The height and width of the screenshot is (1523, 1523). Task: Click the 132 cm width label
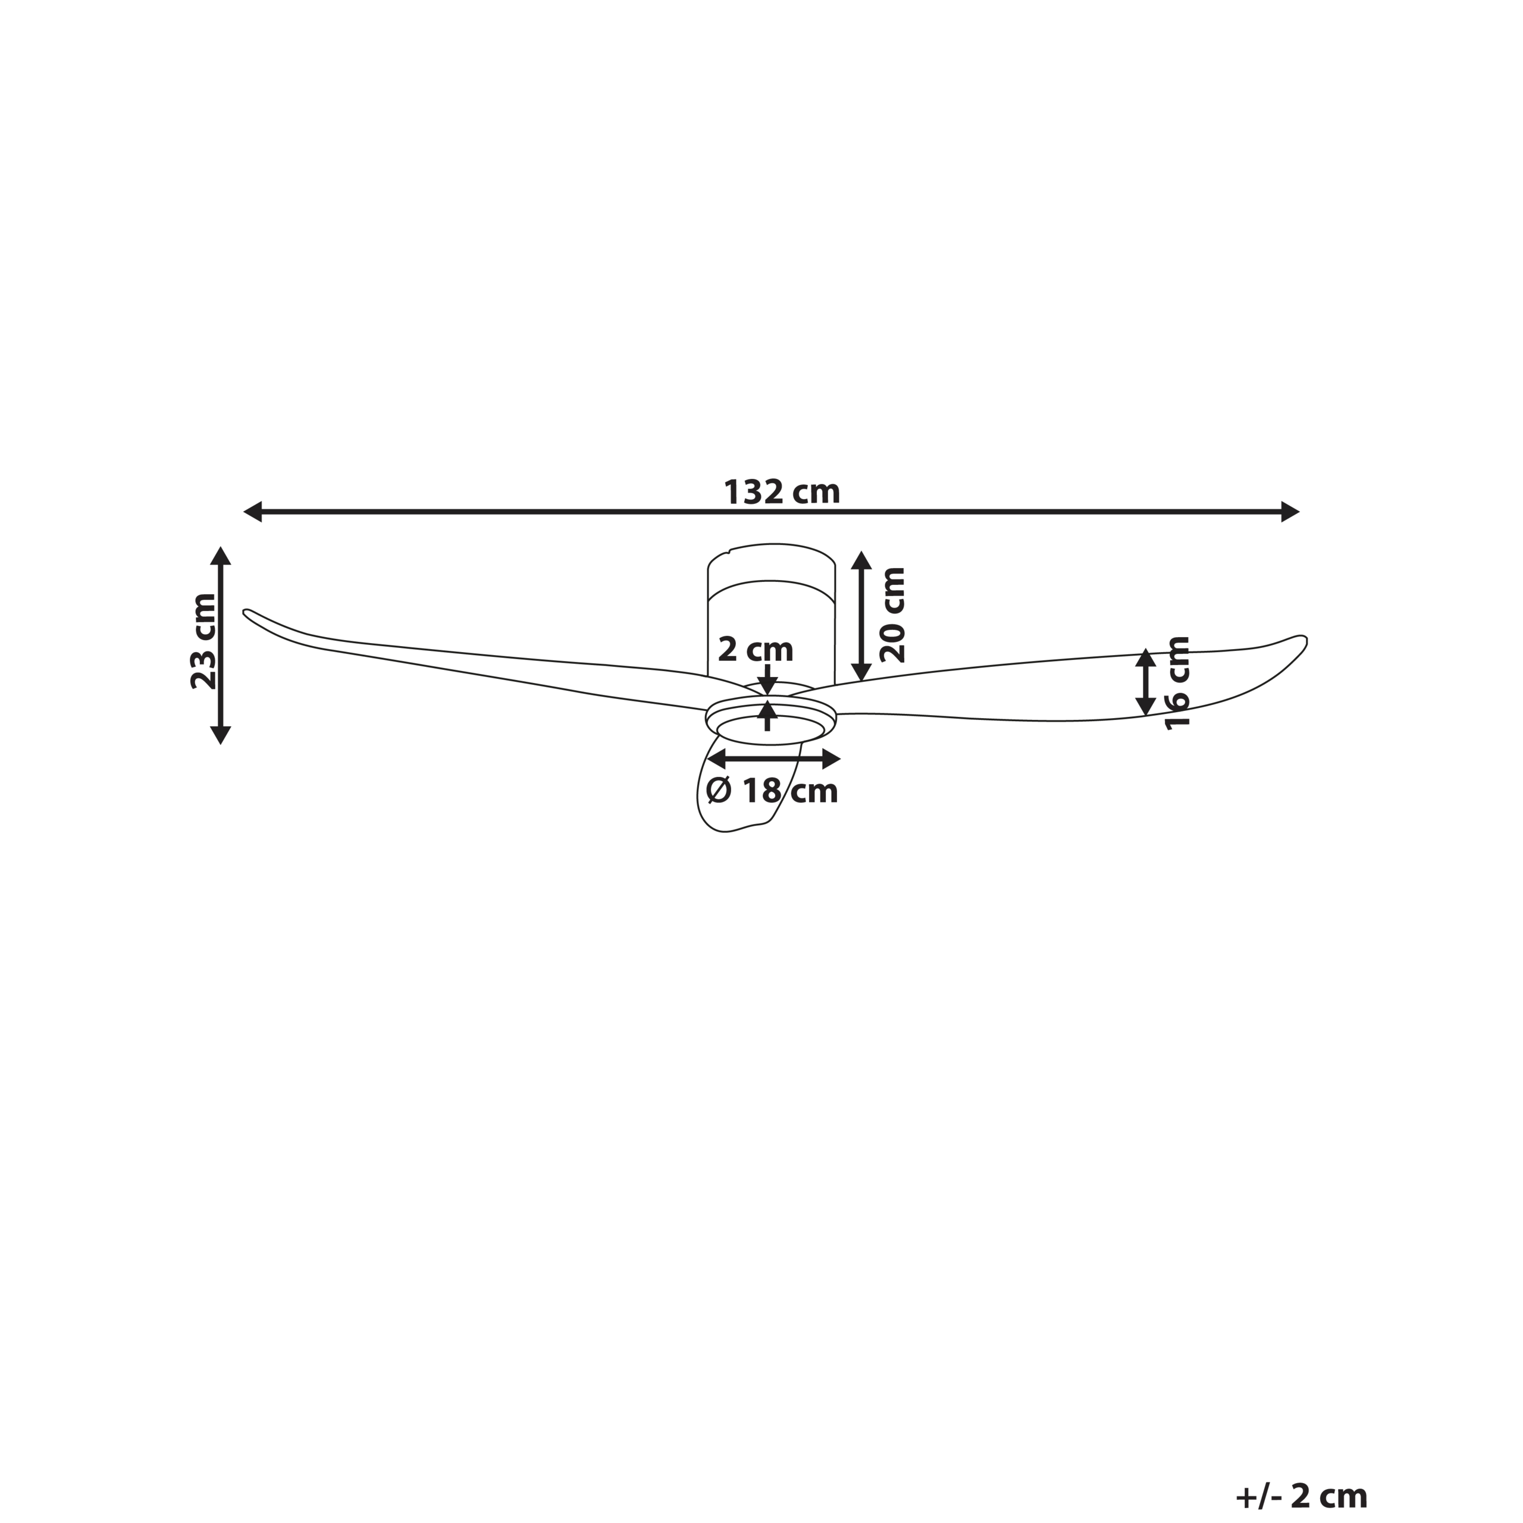[x=782, y=493]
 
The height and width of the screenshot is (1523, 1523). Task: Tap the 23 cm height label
[x=204, y=642]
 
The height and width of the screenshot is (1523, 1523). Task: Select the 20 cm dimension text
[x=892, y=615]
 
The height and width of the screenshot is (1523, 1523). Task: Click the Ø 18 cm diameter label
[x=773, y=791]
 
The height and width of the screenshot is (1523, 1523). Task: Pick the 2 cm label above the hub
[x=755, y=650]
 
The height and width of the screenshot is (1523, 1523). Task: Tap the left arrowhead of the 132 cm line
[x=252, y=512]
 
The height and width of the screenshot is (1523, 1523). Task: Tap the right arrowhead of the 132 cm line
[x=1290, y=512]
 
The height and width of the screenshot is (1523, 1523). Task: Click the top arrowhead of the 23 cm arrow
[x=221, y=555]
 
